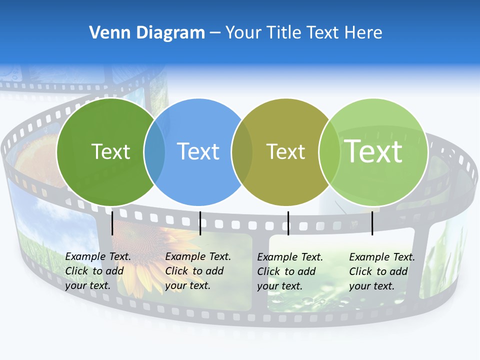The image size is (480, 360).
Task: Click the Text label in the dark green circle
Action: [110, 151]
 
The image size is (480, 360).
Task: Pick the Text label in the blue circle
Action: [198, 151]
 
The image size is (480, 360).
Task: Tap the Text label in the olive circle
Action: [285, 151]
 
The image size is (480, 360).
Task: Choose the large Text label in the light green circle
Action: [373, 151]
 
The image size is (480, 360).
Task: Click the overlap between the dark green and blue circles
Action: [154, 151]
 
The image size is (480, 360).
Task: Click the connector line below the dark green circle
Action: [112, 223]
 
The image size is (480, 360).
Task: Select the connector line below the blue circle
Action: [200, 223]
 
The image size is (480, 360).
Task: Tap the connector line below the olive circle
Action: [288, 223]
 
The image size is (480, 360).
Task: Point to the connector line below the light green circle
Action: [372, 223]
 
